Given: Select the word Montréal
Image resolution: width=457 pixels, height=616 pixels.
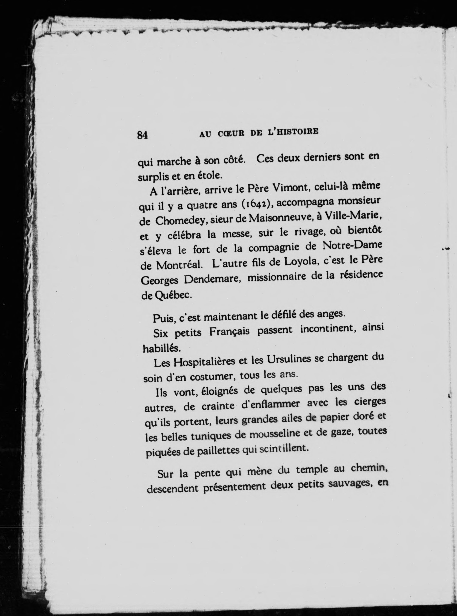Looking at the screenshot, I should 180,265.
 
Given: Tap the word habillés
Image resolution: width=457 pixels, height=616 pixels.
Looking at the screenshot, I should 162,348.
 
